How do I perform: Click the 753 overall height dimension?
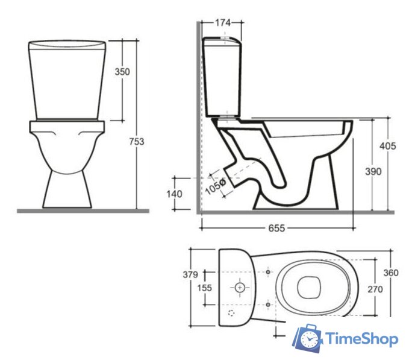(x=137, y=142)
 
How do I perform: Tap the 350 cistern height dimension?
(x=122, y=72)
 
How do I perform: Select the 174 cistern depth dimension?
(x=222, y=23)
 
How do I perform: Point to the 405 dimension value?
(x=388, y=146)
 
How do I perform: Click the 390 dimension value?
(x=373, y=171)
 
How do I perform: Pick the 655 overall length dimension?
(x=277, y=228)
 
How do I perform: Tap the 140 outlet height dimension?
(x=174, y=194)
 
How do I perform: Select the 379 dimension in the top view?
(x=190, y=274)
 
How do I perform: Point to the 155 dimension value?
(x=205, y=288)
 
